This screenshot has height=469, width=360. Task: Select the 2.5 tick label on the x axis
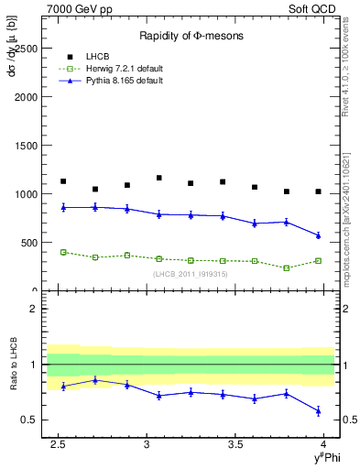tap(59, 445)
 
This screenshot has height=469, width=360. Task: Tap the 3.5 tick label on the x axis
tap(236, 445)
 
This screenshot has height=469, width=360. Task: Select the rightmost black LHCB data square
tap(318, 191)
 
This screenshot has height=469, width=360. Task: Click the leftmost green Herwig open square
tap(63, 252)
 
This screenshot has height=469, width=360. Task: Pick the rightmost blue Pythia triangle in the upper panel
tap(318, 235)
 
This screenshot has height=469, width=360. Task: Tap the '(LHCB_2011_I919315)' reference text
tap(190, 273)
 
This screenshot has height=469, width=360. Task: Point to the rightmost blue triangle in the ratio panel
tap(318, 410)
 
